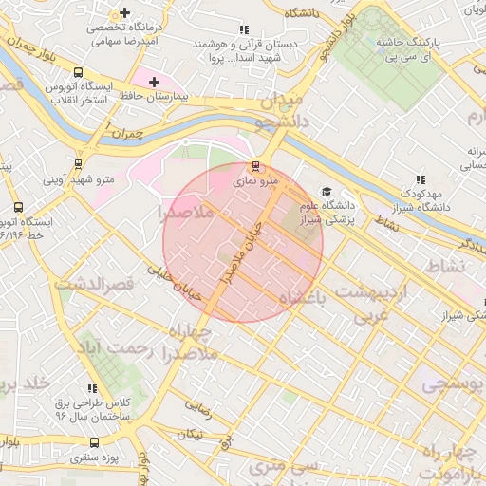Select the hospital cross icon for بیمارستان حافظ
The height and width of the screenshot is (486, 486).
(155, 82)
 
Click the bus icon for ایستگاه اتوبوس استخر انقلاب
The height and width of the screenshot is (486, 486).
(77, 71)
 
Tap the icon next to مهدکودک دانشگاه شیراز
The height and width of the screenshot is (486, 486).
(421, 179)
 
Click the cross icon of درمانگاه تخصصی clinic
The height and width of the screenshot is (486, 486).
(125, 13)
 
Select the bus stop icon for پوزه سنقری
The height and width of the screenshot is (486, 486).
(94, 443)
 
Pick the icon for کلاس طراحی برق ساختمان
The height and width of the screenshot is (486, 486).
(93, 388)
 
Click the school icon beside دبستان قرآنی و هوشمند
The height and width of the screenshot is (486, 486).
(245, 29)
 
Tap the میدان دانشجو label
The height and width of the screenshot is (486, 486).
(280, 111)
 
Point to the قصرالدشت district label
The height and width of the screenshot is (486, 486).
(95, 284)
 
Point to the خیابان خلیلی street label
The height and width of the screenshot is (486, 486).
(174, 282)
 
